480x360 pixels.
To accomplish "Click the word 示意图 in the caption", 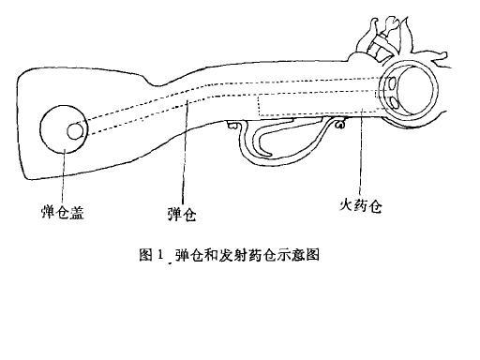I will click(x=300, y=254).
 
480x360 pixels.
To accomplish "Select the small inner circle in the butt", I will click(x=74, y=131).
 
